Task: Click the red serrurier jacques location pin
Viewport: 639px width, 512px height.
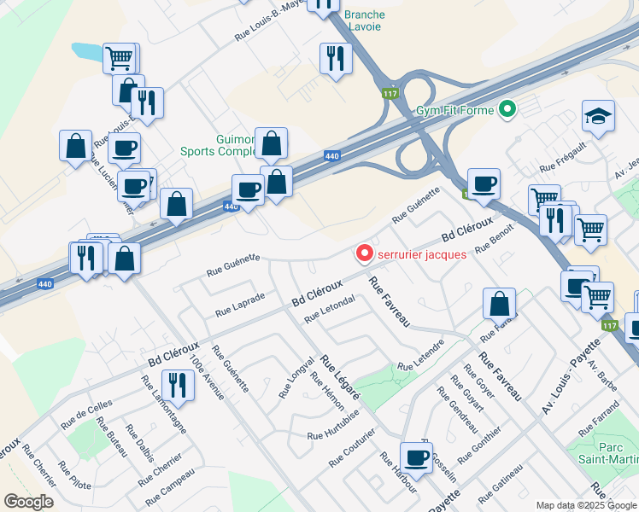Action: tap(365, 253)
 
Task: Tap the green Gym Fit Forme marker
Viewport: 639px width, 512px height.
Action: tap(507, 109)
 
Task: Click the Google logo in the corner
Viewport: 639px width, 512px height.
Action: tap(28, 501)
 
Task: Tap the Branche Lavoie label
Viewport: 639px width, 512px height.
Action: tap(364, 21)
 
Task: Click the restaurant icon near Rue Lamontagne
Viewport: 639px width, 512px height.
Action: tap(178, 385)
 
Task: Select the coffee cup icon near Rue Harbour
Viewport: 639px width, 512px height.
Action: tap(416, 457)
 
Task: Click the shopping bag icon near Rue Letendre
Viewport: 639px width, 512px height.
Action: tap(499, 303)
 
